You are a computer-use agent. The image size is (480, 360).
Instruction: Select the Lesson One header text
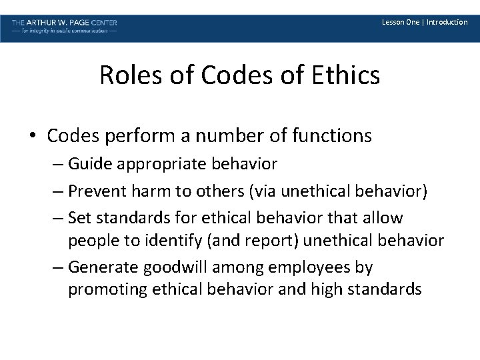click(x=400, y=22)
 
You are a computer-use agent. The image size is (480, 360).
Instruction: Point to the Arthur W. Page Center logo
click(x=65, y=26)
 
